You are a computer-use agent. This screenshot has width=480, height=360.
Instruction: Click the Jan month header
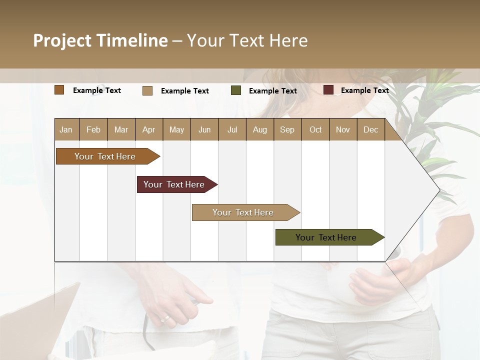coord(66,129)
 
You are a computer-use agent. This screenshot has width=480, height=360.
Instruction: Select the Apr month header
coord(148,129)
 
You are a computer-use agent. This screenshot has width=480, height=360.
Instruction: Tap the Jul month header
coord(232,129)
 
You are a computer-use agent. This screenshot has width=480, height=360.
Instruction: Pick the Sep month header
coord(287,129)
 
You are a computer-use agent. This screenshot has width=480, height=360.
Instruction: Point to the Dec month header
coord(370,129)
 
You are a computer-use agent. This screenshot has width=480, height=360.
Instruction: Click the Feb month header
coord(93,129)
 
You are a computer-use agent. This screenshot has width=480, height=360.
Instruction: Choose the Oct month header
coord(315,129)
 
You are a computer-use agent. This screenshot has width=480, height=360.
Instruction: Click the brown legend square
coord(59,90)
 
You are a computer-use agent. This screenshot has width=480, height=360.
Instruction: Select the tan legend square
coord(147,90)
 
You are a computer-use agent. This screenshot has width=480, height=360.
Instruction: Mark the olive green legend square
coord(236,90)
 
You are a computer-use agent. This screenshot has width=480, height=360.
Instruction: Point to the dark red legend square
coord(328,90)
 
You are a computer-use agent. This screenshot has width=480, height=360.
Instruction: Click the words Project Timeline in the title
coord(100,40)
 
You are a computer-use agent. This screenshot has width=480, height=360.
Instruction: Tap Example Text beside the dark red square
coord(364,90)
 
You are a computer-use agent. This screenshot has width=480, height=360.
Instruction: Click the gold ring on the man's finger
coord(164,318)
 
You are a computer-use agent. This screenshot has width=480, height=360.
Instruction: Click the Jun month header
coord(204,129)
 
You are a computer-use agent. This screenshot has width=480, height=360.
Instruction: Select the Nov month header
coord(343,129)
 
